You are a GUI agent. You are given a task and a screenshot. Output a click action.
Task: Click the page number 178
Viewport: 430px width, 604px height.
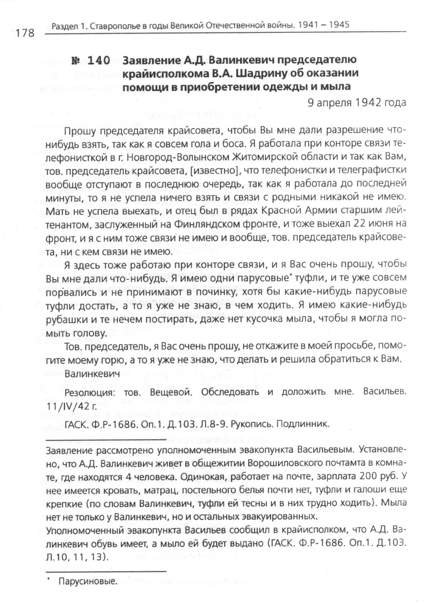(x=25, y=33)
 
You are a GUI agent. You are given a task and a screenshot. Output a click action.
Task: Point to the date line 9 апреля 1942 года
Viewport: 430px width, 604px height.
(x=357, y=102)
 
